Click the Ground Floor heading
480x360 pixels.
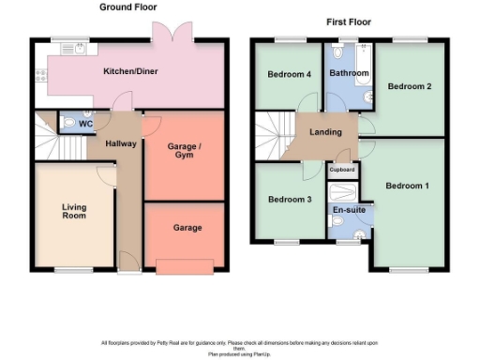tap(127, 7)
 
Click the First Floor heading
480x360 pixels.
tap(348, 20)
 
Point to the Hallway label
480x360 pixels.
tap(121, 143)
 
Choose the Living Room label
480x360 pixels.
tap(74, 212)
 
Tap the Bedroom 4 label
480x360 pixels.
tap(289, 75)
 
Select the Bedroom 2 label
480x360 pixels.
tap(409, 87)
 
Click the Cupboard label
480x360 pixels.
tap(342, 170)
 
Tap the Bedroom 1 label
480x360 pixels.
tap(408, 186)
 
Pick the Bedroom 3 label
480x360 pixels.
tap(289, 200)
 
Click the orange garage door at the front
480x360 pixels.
tap(185, 266)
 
